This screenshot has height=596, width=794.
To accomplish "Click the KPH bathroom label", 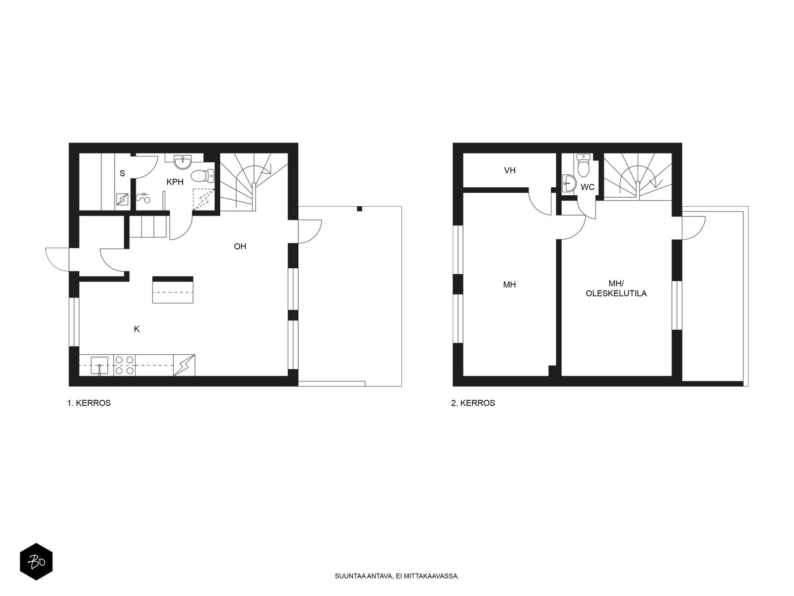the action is pos(175,182).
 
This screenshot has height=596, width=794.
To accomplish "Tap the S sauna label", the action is pos(122,173).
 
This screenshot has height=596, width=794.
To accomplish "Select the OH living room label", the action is pos(240,246).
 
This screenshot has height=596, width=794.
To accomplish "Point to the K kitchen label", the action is pos(137,329).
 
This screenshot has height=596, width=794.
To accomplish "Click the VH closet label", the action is pos(510,170).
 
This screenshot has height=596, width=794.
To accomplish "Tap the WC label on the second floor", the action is pos(588,187).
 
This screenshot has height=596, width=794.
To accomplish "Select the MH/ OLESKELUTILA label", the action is pos(616,289).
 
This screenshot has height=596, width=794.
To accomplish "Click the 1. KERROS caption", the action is pos(89,403).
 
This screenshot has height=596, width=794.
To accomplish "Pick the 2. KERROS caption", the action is pos(473,403).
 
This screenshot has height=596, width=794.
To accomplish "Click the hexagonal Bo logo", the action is pos(36,562).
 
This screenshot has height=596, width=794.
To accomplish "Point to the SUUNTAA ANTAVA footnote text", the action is pos(397,576).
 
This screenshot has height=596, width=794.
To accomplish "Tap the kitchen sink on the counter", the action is pos(99,366).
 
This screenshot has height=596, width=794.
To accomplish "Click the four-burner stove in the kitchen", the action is pos(125,366).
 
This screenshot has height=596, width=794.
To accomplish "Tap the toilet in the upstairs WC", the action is pos(583,166).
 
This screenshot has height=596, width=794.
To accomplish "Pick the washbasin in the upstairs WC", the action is pos(569,183).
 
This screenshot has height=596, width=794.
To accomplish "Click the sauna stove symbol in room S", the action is pos(122,199).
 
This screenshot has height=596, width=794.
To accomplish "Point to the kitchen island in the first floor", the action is pos(173,290).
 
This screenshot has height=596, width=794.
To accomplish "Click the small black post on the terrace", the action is pos(359,209).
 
